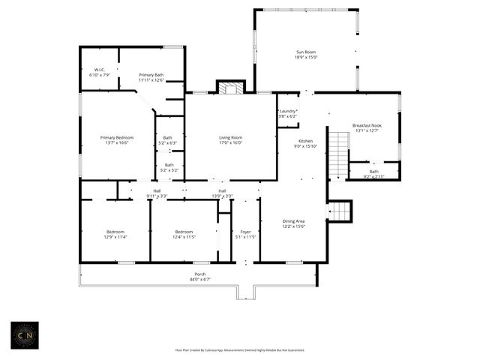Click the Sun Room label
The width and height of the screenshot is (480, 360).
pyautogui.click(x=306, y=54)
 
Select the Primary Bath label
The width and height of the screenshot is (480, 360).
pyautogui.click(x=151, y=77)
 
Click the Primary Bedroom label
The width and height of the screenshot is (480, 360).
pyautogui.click(x=118, y=139)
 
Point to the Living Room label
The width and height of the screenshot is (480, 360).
pyautogui.click(x=230, y=139)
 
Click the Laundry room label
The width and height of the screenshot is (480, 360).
pyautogui.click(x=287, y=114)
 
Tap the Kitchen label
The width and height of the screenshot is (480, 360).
pyautogui.click(x=306, y=143)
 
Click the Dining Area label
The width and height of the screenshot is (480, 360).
pyautogui.click(x=293, y=223)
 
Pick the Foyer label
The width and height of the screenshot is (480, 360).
pyautogui.click(x=244, y=234)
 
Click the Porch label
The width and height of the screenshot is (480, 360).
pyautogui.click(x=200, y=277)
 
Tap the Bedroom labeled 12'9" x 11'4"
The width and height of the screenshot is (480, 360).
pyautogui.click(x=115, y=234)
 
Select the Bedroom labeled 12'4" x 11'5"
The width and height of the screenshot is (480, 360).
pyautogui.click(x=184, y=234)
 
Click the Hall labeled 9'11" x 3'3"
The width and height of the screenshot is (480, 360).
pyautogui.click(x=157, y=193)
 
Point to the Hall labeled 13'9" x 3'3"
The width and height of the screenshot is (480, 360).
pyautogui.click(x=223, y=193)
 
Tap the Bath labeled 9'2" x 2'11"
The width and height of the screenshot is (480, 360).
pyautogui.click(x=373, y=173)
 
